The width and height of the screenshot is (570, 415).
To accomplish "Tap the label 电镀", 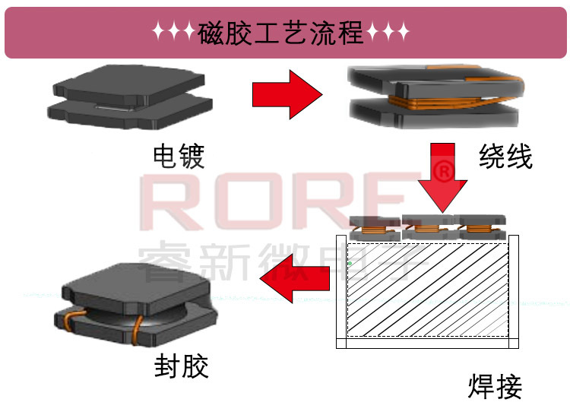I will tap(179, 157).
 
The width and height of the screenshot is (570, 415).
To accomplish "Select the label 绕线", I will tap(505, 157).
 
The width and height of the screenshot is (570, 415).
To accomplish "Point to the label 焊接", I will tap(495, 386).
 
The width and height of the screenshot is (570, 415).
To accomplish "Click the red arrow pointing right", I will tap(286, 93).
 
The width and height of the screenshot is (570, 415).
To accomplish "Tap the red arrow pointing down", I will tap(443, 178).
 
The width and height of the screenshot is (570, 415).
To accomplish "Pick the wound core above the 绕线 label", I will tap(433, 97).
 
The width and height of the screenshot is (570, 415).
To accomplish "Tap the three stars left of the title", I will tap(173, 33).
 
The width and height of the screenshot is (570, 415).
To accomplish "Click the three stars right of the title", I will tap(388, 33).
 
